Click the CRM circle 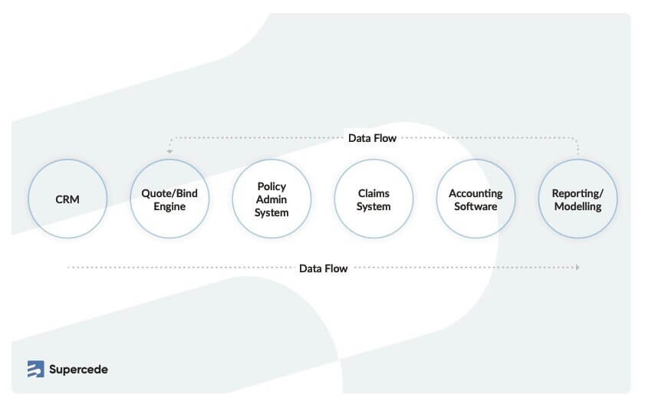(67, 199)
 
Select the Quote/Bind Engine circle (169, 199)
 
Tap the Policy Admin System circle (271, 199)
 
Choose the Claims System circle (374, 199)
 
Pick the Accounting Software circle (476, 199)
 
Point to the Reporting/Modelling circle (578, 199)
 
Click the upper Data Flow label (372, 139)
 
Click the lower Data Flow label (323, 268)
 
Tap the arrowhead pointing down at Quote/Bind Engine (169, 152)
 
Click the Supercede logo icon (35, 369)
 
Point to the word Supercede (78, 369)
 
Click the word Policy (271, 186)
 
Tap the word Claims (374, 193)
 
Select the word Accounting (476, 193)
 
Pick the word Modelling (578, 206)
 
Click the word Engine (169, 206)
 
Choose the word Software (476, 206)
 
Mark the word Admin (271, 199)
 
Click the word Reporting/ (578, 193)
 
